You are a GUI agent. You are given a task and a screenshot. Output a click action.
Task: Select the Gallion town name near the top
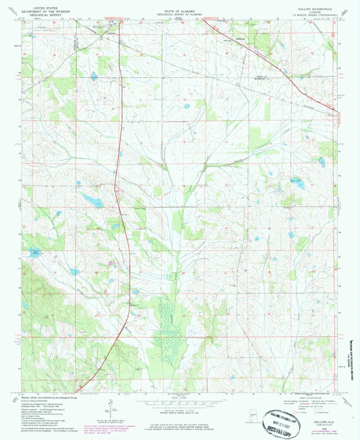pyautogui.click(x=112, y=33)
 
